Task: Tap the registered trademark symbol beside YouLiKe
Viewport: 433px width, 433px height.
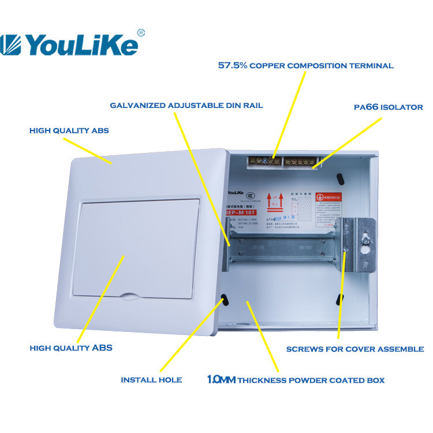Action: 141,32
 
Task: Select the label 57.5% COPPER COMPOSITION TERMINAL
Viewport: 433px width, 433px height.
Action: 305,66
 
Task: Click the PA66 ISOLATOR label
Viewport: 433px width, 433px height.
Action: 388,107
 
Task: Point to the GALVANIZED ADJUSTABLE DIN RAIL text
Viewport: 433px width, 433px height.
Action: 186,106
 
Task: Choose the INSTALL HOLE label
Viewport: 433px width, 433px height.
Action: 151,380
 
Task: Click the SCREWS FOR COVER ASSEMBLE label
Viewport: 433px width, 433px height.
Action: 355,349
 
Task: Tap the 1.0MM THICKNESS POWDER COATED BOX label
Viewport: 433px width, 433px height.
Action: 296,380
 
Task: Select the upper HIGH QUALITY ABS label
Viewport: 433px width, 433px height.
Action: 69,131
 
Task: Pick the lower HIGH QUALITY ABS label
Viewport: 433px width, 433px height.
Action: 71,348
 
